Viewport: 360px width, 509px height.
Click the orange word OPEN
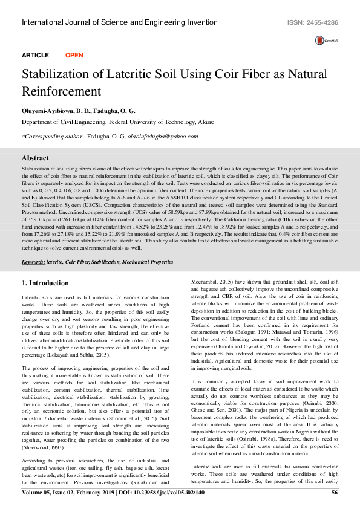coord(74,55)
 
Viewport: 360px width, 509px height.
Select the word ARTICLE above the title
coord(35,55)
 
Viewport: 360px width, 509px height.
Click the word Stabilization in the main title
coord(56,75)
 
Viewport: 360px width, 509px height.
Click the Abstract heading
coord(35,157)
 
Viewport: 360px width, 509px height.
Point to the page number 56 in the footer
coord(334,493)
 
